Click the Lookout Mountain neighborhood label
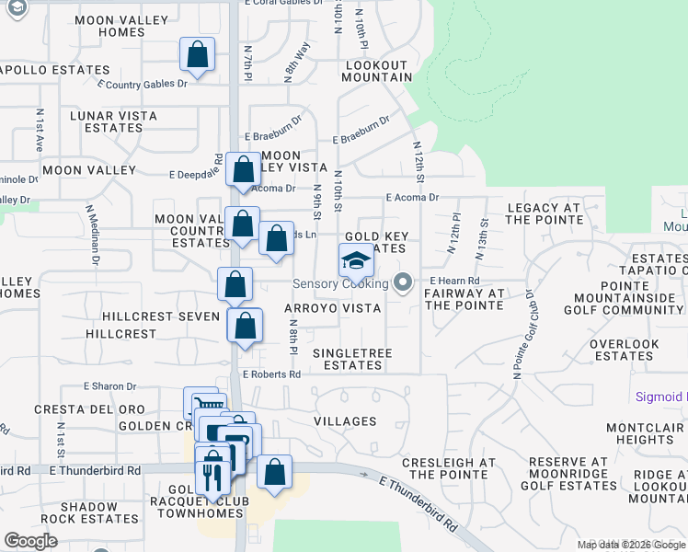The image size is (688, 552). coord(377,71)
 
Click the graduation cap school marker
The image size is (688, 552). coord(357,261)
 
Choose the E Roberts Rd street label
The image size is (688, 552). coord(271,374)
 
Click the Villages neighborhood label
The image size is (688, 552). coord(345,421)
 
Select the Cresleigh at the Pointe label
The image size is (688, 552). coord(449,468)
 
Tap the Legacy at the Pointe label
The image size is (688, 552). coord(545,214)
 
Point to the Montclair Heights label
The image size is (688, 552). coord(646,434)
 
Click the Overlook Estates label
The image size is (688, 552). coord(625,350)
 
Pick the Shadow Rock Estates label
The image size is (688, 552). coord(89,512)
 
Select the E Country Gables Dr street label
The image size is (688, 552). coord(142,84)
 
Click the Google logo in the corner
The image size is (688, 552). coord(30,541)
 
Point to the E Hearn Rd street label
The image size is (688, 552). coord(454,281)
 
